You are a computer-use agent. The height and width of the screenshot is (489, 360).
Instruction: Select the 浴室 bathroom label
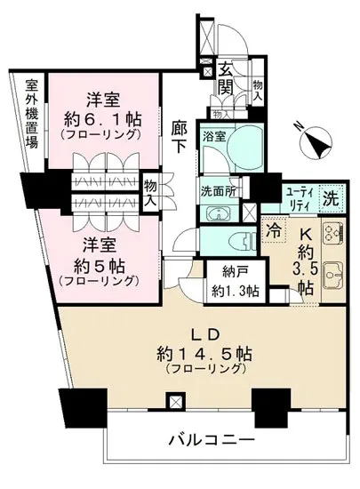click(x=212, y=138)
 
